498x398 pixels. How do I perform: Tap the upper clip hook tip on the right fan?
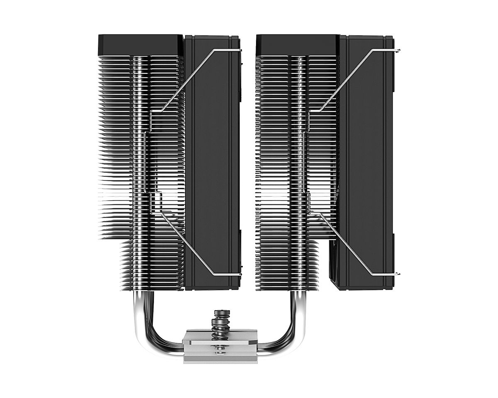[x=398, y=51]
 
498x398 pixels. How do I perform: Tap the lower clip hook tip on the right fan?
[x=398, y=274]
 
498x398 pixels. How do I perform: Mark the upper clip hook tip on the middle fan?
[x=241, y=50]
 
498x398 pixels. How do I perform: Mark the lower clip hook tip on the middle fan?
[x=241, y=274]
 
